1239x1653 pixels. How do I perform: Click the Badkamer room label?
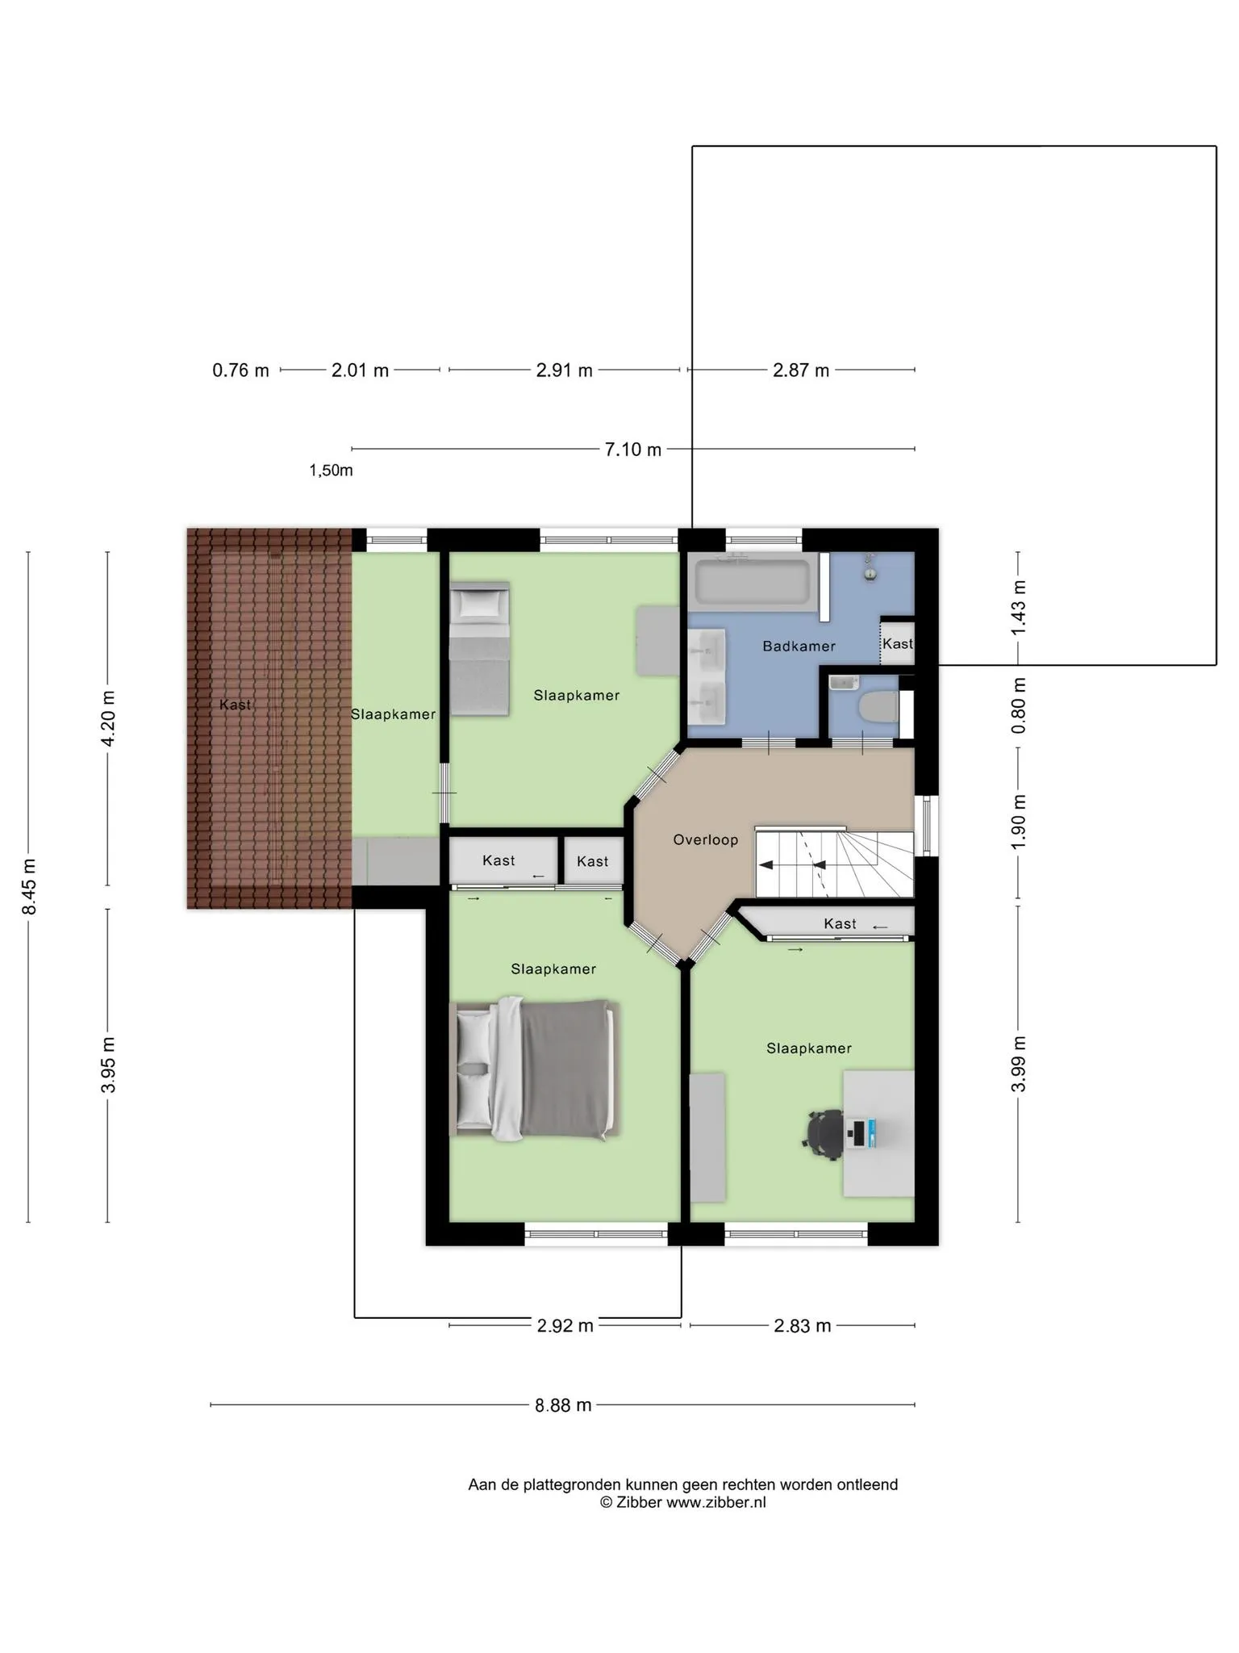(x=799, y=647)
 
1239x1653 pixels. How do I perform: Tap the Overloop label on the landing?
(x=706, y=840)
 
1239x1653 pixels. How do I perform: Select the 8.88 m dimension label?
(x=563, y=1405)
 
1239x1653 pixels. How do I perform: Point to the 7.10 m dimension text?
(x=633, y=450)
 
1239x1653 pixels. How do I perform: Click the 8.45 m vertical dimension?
(x=29, y=887)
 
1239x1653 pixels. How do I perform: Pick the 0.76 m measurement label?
(x=240, y=370)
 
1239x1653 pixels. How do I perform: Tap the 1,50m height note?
(x=331, y=471)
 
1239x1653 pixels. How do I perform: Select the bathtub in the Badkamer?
(x=753, y=582)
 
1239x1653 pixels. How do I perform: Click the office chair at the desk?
(x=824, y=1134)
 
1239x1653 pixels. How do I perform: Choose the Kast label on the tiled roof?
(x=235, y=705)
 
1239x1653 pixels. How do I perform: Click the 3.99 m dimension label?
(x=1019, y=1064)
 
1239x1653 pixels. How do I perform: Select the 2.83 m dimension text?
(x=803, y=1326)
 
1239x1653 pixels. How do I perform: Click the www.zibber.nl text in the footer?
(x=715, y=1502)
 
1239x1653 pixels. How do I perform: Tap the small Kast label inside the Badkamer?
(x=898, y=644)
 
